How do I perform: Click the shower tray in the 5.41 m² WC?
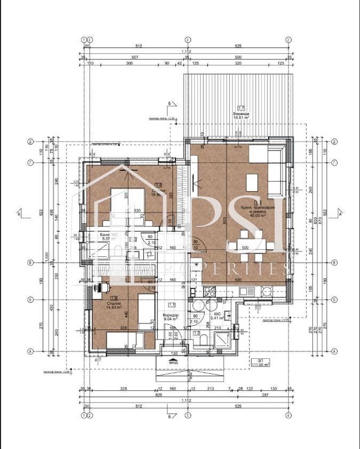pos(221,340)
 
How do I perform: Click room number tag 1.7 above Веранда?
pos(241,108)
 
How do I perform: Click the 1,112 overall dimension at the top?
pos(187,51)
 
